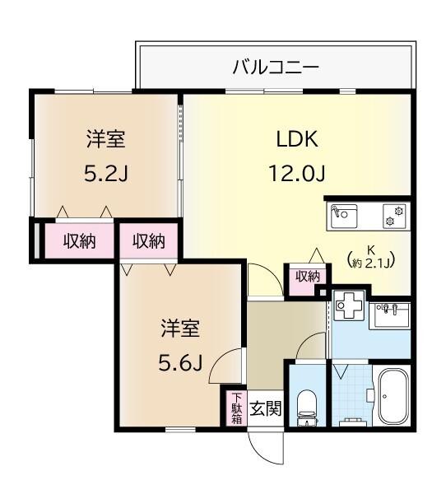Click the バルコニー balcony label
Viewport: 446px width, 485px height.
[x=276, y=66]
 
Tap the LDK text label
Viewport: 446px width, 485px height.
[x=296, y=139]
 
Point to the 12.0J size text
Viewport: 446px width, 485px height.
[x=296, y=175]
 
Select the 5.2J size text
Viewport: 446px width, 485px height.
[x=105, y=175]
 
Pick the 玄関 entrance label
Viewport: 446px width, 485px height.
[x=264, y=408]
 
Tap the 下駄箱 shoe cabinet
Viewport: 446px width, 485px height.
[x=236, y=408]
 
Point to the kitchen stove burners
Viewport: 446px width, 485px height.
[x=395, y=216]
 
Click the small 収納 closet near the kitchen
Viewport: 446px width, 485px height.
[x=307, y=277]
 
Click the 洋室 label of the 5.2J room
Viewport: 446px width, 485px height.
[x=105, y=139]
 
